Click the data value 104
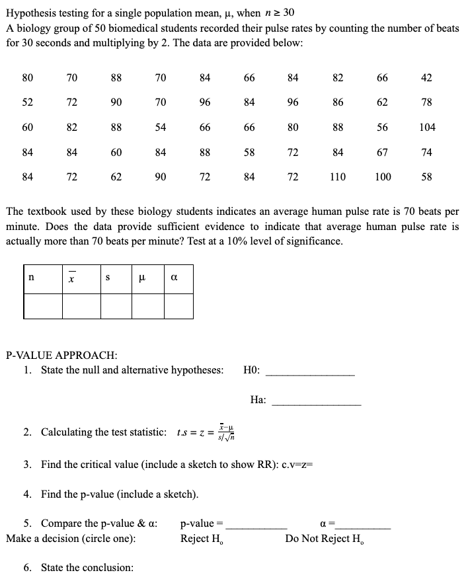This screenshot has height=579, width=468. point(426,127)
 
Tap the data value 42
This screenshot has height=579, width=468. point(426,78)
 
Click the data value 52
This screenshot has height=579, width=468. point(27,102)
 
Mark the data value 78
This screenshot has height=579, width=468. point(426,102)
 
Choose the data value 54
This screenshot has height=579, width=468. point(161,127)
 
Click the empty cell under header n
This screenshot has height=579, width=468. point(44,305)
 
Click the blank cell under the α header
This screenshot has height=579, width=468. point(178,305)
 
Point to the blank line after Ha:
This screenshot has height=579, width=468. point(317,401)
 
